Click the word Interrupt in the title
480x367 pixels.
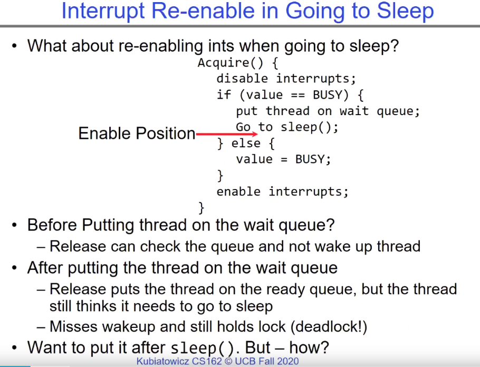(103, 12)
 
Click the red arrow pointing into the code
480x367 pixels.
(226, 134)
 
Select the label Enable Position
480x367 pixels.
(137, 134)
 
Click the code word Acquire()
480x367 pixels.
(230, 63)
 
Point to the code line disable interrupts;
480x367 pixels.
(286, 79)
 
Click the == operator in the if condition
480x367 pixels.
(298, 95)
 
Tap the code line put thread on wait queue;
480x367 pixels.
(328, 111)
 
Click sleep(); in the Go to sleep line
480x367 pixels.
(310, 127)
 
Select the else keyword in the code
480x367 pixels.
(246, 143)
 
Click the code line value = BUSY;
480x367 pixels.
(283, 159)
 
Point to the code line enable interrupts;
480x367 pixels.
(283, 192)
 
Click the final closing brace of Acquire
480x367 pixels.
(201, 208)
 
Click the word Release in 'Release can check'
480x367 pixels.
(78, 246)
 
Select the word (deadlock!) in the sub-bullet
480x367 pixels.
(329, 326)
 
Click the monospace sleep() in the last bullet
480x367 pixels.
(202, 349)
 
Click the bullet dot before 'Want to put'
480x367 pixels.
(14, 347)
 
